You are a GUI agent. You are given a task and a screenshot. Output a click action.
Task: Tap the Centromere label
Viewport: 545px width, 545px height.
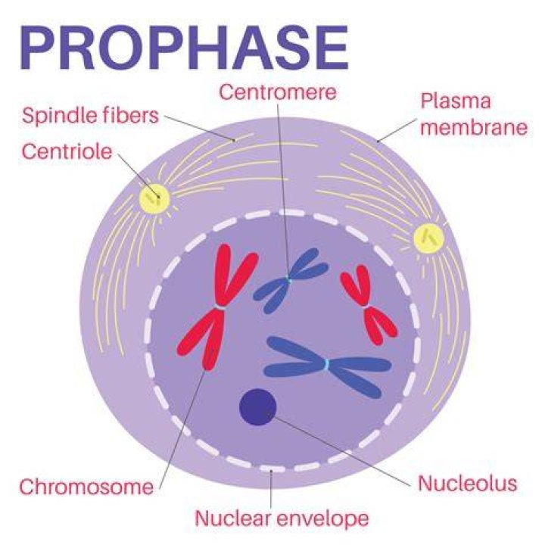277,92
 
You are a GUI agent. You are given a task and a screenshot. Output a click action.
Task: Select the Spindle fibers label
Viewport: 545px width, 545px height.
90,116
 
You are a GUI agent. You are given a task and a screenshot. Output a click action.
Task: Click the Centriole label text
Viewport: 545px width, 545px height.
67,152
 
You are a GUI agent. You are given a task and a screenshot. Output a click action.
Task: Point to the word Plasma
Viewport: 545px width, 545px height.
456,101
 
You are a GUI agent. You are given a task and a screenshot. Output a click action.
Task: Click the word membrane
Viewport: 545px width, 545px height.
474,128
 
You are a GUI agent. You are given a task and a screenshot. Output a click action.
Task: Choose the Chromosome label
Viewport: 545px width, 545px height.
86,487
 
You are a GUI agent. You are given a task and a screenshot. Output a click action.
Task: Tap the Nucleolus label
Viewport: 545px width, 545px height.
468,484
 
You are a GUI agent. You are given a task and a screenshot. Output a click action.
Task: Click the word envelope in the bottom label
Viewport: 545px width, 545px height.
324,519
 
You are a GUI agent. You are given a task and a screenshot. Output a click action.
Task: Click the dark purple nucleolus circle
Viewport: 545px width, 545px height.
257,406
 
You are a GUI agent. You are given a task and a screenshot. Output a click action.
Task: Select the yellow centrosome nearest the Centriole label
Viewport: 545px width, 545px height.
154,198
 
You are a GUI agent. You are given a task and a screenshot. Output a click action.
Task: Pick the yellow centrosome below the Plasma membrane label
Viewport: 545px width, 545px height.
429,238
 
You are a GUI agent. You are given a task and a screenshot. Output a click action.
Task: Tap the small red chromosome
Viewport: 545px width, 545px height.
367,306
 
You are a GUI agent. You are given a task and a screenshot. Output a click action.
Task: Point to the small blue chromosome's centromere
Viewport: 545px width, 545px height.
288,278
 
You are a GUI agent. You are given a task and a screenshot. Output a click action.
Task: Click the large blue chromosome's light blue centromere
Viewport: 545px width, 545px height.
327,365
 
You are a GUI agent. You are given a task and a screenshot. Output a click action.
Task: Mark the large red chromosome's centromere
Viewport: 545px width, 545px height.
220,307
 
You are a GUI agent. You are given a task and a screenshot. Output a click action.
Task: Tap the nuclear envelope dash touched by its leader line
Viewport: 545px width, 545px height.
272,469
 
